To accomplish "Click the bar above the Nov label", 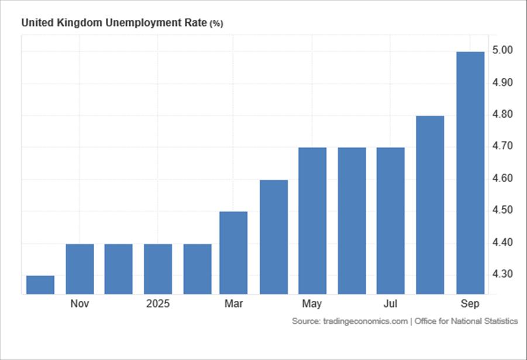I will tap(80, 269).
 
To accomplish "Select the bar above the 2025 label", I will tap(158, 269).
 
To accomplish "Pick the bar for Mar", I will tap(233, 252).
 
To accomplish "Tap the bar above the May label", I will tap(312, 221).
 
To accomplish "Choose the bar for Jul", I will tap(390, 221).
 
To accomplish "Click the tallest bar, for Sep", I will tap(470, 173).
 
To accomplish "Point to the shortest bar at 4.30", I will tap(40, 284).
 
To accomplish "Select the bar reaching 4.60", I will tap(274, 236).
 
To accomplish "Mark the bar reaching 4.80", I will tap(430, 205).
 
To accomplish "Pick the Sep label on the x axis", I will tap(470, 304).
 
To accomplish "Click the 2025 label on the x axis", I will tap(158, 304).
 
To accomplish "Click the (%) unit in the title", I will tap(216, 24).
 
